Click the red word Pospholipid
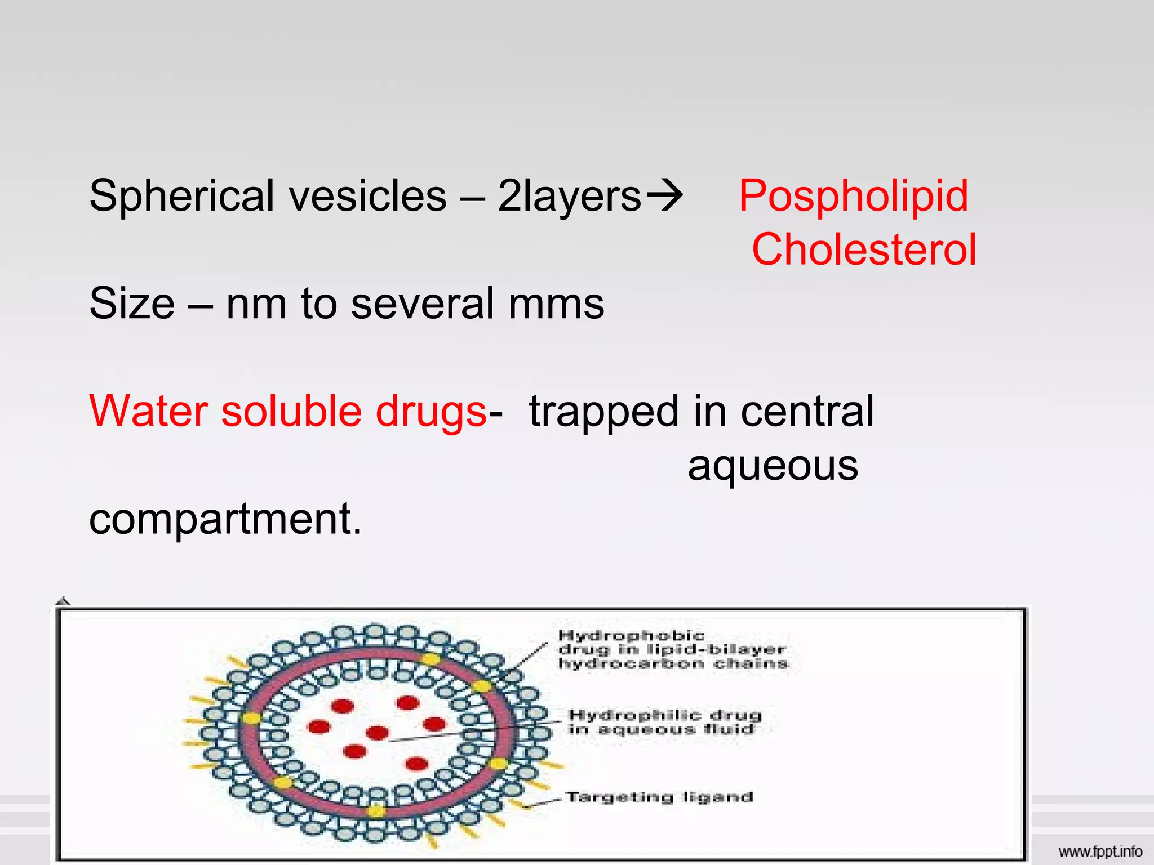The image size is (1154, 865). (853, 196)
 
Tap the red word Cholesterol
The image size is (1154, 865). (864, 249)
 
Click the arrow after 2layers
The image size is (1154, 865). (665, 196)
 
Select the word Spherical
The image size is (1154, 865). (181, 196)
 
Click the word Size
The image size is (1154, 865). (132, 304)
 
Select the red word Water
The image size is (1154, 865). (148, 411)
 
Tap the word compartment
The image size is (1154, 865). (225, 519)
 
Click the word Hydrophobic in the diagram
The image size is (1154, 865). (631, 636)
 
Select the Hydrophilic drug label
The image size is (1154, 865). (665, 722)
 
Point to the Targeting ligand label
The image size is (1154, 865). (659, 797)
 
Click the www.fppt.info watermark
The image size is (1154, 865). (1100, 851)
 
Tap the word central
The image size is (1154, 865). (807, 411)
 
